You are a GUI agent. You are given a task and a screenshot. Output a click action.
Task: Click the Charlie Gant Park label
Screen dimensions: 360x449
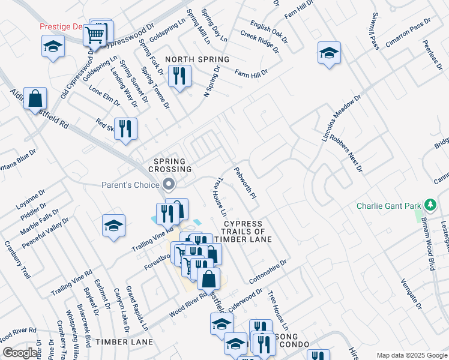tap(389, 206)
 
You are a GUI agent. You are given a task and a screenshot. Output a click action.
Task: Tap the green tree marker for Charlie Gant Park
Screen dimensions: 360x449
tap(430, 205)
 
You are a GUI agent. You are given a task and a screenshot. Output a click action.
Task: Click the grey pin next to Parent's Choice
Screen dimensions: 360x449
tap(169, 184)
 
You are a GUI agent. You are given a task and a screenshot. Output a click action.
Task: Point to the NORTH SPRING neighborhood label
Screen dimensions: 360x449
tap(197, 59)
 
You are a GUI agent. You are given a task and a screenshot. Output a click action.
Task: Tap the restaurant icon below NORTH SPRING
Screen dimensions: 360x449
tap(179, 76)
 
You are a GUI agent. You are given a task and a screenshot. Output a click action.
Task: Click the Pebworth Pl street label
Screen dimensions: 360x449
tap(246, 184)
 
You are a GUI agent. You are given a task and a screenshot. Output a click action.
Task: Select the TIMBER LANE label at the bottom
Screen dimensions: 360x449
tap(124, 342)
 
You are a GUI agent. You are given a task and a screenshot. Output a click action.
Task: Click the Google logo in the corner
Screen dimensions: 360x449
tap(20, 353)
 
